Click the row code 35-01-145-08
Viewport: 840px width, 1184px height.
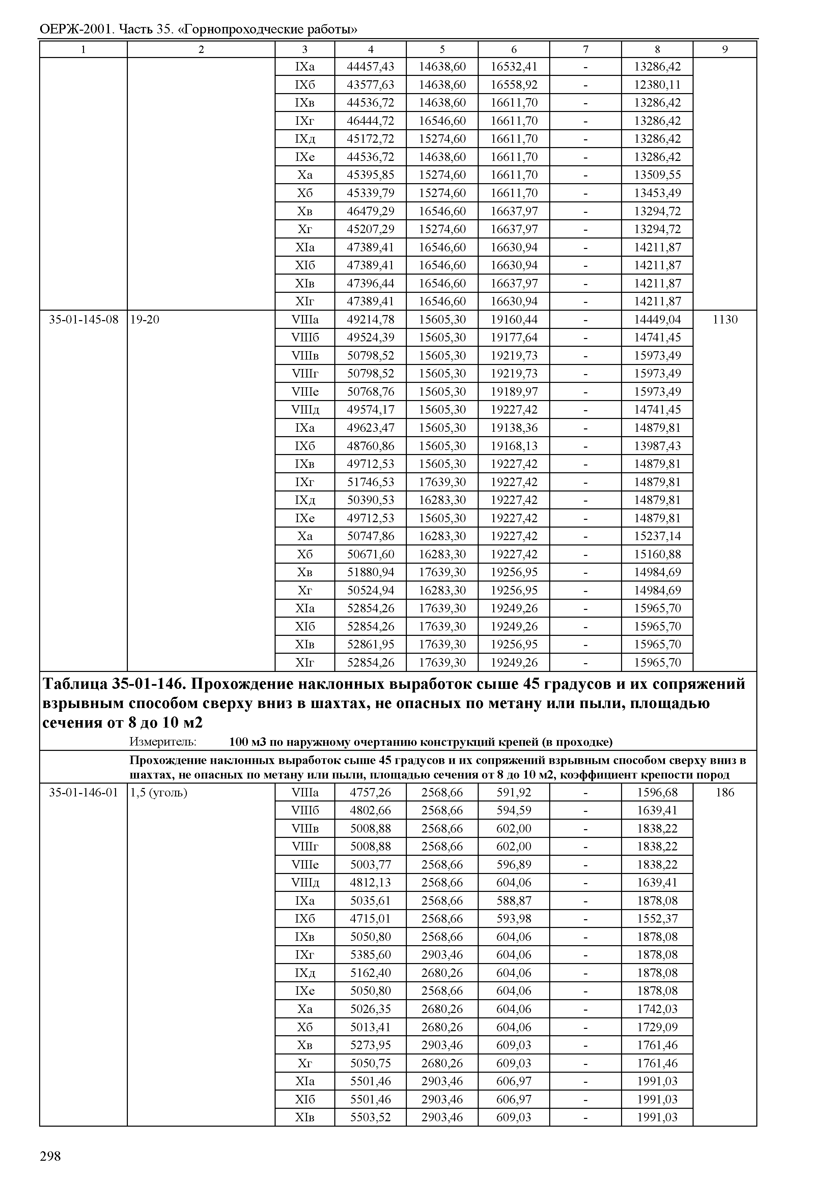(x=83, y=320)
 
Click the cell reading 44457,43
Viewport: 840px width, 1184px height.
(x=370, y=67)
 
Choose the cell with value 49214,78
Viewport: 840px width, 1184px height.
(x=370, y=320)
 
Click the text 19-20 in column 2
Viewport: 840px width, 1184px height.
(x=145, y=320)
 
